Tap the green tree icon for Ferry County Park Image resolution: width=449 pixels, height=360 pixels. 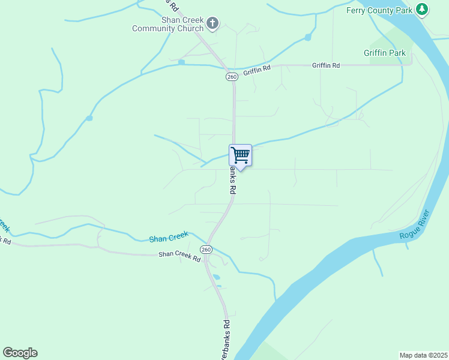[423, 9]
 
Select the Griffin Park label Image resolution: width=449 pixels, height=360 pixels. [385, 53]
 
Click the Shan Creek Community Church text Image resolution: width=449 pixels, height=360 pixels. [168, 24]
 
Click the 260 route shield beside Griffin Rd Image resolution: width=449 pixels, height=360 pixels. [232, 77]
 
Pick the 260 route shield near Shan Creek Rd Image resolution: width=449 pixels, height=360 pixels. [206, 250]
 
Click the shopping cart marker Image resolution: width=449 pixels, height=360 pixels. [240, 155]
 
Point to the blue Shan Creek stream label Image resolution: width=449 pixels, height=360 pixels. [169, 237]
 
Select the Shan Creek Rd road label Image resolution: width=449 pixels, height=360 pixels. [179, 256]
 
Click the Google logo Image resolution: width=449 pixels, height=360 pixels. [20, 353]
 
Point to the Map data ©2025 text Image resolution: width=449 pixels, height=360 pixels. [423, 355]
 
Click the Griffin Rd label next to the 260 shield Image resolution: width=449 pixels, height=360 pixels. [257, 71]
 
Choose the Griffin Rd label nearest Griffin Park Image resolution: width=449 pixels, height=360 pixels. [326, 65]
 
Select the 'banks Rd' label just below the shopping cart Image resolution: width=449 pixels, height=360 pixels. [231, 180]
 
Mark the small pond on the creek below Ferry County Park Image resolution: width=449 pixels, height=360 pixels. [308, 37]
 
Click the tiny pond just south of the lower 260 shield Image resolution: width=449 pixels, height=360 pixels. [216, 277]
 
